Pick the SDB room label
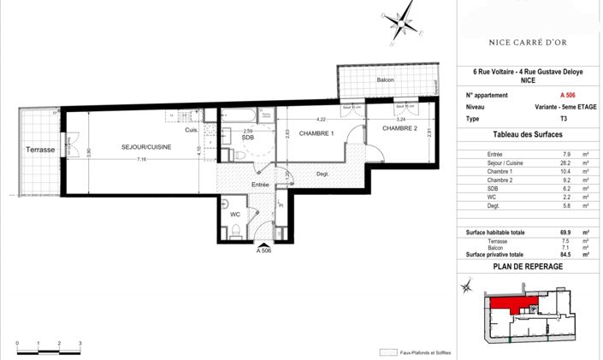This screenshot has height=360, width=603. point(247,138)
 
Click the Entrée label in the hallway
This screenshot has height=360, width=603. point(260,185)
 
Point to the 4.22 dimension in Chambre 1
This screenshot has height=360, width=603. point(322,119)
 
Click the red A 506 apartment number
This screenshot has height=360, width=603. point(567,95)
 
